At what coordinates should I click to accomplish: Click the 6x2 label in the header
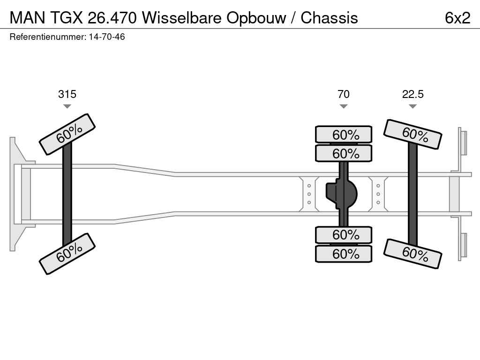point(457,18)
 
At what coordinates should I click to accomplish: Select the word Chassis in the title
point(329,18)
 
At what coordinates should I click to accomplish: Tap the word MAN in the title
point(28,18)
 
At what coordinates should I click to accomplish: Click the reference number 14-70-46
point(107,37)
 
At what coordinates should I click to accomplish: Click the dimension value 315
point(67,94)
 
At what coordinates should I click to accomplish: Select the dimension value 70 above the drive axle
point(344,94)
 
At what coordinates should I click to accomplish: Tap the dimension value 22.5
point(412,94)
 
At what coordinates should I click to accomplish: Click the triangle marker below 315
point(67,106)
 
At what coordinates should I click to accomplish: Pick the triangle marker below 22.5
point(412,106)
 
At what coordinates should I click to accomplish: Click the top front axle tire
point(67,134)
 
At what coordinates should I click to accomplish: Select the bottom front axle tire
point(67,254)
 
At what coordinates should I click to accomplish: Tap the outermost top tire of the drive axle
point(344,135)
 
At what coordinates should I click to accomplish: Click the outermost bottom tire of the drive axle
point(344,254)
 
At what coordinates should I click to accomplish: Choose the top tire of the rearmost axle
point(412,134)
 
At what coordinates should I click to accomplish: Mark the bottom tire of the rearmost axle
point(412,254)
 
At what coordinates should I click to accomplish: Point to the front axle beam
point(67,194)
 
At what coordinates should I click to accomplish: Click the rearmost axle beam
point(412,194)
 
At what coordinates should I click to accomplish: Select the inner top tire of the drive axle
point(344,153)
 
